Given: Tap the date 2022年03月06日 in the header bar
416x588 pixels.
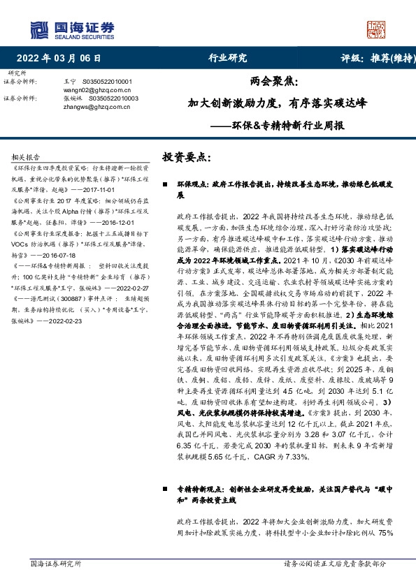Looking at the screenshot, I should [64, 58].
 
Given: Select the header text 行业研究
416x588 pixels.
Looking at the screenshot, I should [228, 58].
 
